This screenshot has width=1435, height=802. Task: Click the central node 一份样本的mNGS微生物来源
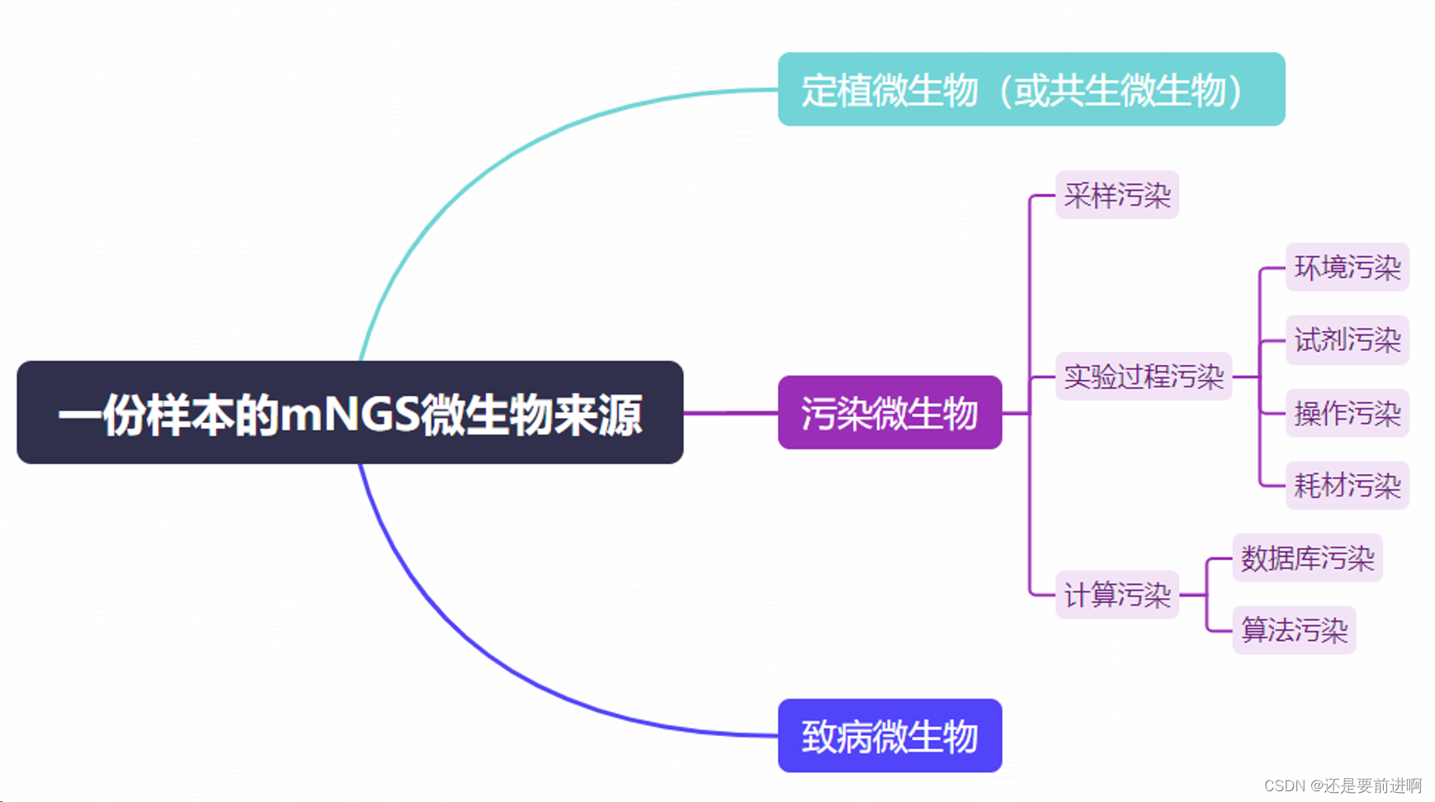(x=350, y=412)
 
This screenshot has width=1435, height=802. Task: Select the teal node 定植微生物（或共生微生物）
(x=1031, y=89)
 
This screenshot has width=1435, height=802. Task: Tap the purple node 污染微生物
(x=890, y=412)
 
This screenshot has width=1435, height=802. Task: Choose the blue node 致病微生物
(x=890, y=735)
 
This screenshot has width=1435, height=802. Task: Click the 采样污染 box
(x=1116, y=195)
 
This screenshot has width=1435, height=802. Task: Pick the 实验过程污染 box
(x=1143, y=377)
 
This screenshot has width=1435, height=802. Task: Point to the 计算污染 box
(x=1116, y=594)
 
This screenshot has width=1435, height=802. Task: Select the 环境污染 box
(x=1347, y=267)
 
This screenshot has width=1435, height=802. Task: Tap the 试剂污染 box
(x=1347, y=339)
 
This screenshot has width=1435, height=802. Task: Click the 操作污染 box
(x=1347, y=412)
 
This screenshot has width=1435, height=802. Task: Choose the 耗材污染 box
(x=1347, y=485)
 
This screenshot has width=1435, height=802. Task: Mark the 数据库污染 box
(x=1307, y=558)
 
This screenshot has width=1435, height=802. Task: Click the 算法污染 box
(x=1294, y=630)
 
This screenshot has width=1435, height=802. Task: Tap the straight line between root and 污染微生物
(x=730, y=412)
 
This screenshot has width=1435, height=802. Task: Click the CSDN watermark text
(x=1343, y=785)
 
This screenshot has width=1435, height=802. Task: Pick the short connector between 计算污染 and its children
(x=1192, y=595)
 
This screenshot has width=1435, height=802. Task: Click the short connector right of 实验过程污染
(x=1245, y=377)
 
